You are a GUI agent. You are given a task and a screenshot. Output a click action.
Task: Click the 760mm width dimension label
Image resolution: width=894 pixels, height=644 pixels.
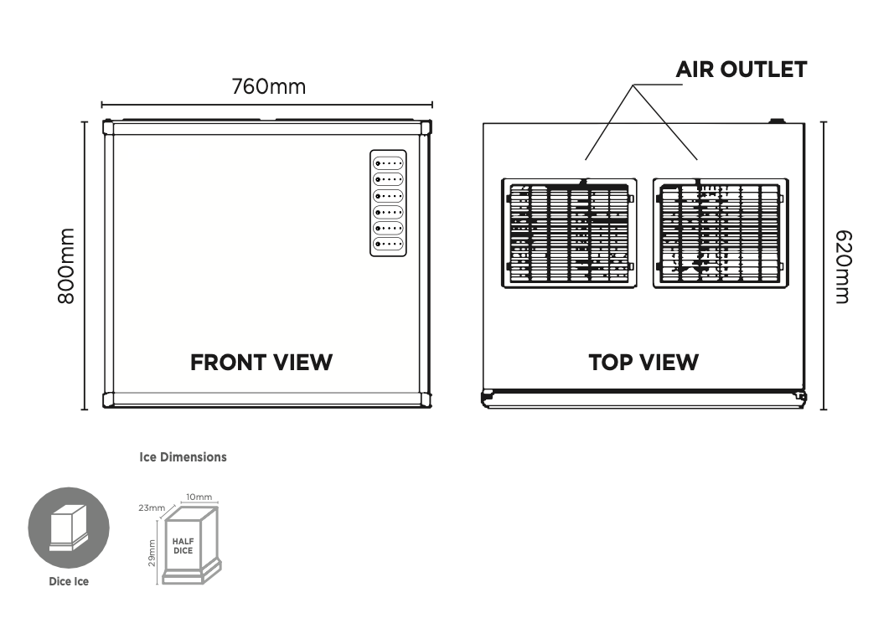[x=268, y=86]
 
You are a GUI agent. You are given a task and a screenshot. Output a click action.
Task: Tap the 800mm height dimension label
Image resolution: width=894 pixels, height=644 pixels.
[x=67, y=265]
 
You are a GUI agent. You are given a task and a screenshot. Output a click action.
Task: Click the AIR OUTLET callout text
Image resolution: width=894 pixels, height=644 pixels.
[x=741, y=70]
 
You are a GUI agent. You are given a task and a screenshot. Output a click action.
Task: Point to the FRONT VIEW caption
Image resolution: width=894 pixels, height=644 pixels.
[x=261, y=363]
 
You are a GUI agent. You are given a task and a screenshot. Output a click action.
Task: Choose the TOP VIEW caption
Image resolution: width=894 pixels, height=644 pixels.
[x=643, y=363]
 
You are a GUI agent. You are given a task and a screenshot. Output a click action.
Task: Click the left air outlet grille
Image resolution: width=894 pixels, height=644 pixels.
[x=569, y=233]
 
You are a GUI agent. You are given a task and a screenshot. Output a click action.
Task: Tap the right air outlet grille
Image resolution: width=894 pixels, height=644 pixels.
[x=721, y=233]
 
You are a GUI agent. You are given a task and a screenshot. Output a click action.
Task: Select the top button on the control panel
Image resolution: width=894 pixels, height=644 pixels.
[x=388, y=163]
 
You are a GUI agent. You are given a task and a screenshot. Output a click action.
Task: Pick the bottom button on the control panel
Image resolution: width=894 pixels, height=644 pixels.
[x=388, y=244]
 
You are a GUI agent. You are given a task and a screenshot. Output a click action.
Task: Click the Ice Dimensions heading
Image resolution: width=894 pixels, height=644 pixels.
[x=183, y=457]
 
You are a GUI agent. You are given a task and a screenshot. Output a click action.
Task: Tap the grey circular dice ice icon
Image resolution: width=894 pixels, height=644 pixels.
[x=69, y=528]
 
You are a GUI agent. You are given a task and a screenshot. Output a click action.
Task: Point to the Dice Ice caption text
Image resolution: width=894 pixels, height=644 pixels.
[x=68, y=581]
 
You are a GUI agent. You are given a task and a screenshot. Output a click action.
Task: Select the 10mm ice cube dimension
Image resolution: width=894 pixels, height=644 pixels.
[x=199, y=497]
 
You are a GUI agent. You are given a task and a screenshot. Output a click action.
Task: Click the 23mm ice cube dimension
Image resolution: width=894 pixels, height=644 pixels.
[x=152, y=508]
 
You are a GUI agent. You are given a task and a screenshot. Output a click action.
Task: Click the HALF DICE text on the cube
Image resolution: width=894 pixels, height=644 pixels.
[x=183, y=546]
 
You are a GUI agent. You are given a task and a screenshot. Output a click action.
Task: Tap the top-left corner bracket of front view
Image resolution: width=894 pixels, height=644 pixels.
[x=108, y=127]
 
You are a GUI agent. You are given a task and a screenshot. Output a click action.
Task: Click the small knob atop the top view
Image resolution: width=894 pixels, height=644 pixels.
[x=777, y=121]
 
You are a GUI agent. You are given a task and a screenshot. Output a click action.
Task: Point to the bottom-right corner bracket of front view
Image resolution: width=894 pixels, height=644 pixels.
[x=426, y=399]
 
